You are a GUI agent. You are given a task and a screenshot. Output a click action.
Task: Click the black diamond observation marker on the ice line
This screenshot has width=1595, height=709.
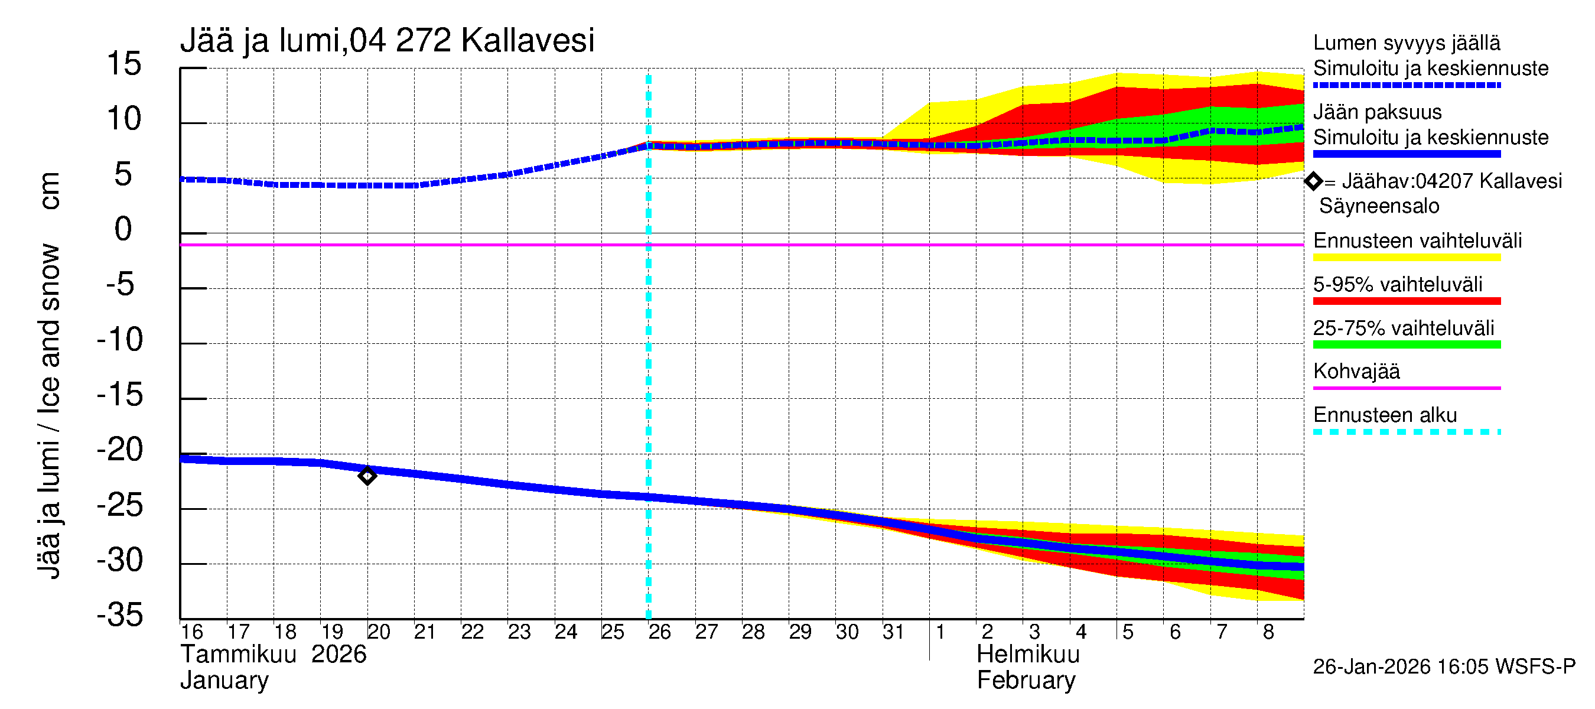click(367, 476)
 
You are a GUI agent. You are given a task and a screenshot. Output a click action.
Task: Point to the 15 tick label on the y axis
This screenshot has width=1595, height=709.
click(124, 64)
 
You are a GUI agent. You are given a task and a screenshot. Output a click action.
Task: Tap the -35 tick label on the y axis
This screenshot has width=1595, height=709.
click(120, 615)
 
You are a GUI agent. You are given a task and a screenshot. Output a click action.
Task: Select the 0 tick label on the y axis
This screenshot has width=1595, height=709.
click(123, 229)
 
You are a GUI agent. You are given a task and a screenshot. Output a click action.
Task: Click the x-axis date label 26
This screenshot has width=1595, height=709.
click(659, 632)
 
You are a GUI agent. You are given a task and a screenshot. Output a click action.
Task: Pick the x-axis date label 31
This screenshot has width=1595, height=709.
click(893, 632)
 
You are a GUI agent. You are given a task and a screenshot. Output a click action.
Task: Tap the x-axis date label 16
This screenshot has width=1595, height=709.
click(192, 632)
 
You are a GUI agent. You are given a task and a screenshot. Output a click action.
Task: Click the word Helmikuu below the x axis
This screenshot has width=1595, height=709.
click(1028, 655)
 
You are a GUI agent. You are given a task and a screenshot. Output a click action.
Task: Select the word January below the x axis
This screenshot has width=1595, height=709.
click(224, 681)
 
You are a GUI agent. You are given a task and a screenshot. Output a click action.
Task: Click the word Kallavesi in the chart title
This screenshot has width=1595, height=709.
click(528, 41)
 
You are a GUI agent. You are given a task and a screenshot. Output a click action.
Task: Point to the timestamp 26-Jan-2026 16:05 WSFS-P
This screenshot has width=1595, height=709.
click(1444, 667)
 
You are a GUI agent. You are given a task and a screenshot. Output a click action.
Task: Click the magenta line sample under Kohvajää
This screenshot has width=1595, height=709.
click(1406, 388)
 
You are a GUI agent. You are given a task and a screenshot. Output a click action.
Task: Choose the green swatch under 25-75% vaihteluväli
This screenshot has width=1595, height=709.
click(1406, 345)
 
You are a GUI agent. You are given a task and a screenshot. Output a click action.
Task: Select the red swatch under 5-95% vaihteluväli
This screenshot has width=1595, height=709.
click(1406, 301)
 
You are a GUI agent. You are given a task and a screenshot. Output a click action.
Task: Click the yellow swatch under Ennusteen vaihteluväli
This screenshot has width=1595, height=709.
click(1406, 258)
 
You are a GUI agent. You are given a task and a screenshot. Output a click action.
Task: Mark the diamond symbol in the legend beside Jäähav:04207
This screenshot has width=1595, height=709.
click(1313, 181)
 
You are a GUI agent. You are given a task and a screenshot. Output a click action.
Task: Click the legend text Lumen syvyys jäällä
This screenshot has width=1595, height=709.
click(1406, 43)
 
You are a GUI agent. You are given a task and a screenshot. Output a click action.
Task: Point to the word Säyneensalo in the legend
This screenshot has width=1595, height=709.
click(1379, 206)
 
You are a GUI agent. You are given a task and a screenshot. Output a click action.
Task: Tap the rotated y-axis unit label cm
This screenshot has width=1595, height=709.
click(50, 191)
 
